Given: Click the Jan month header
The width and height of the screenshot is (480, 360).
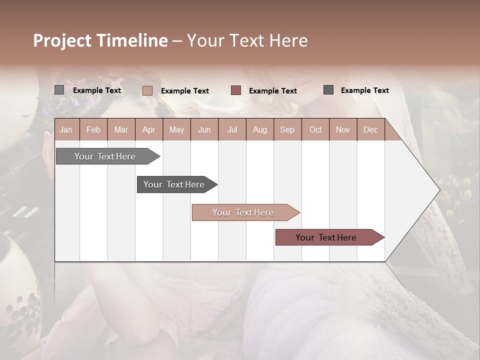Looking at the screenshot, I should pyautogui.click(x=66, y=129).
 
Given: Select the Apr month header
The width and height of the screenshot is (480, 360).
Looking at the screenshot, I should pyautogui.click(x=148, y=129).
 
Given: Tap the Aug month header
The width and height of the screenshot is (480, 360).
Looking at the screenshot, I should pyautogui.click(x=259, y=129).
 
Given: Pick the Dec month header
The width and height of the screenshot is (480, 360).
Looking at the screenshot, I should pyautogui.click(x=370, y=129).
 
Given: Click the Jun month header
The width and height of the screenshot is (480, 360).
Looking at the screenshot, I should pyautogui.click(x=204, y=129).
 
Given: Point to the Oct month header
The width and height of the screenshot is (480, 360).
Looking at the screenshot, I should pyautogui.click(x=315, y=129).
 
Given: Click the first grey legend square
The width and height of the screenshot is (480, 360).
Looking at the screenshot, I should pyautogui.click(x=59, y=90).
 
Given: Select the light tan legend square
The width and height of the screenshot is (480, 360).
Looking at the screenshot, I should pyautogui.click(x=147, y=90).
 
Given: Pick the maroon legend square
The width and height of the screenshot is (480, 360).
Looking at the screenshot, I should pyautogui.click(x=236, y=90).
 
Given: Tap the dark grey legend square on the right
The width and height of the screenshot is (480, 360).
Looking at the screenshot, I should pyautogui.click(x=328, y=90).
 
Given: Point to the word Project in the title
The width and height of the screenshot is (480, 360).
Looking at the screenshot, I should pyautogui.click(x=62, y=40).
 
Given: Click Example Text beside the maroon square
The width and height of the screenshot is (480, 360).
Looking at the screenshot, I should pyautogui.click(x=272, y=90).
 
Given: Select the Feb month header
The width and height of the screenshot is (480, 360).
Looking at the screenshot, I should pyautogui.click(x=93, y=129).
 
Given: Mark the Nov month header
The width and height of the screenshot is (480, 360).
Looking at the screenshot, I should pyautogui.click(x=343, y=129).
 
